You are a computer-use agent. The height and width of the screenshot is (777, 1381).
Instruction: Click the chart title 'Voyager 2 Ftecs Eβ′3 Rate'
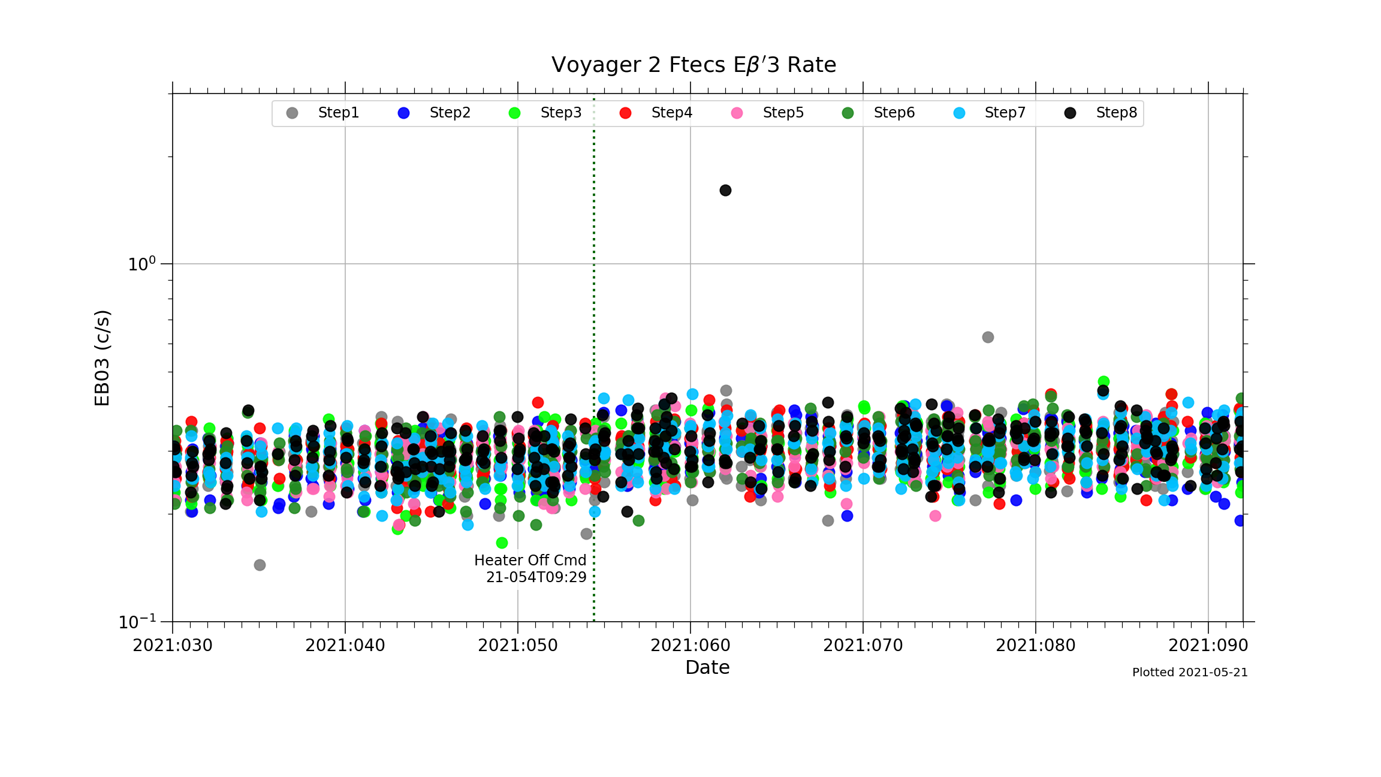(693, 65)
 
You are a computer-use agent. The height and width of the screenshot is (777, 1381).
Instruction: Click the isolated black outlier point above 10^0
(725, 191)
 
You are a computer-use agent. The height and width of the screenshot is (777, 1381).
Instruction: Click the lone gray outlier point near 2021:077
(988, 338)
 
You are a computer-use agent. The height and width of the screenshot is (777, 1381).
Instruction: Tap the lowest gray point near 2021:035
(260, 565)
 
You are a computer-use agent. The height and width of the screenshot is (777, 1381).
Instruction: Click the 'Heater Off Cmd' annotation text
(530, 561)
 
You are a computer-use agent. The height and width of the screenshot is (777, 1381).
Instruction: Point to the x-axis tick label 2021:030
(173, 646)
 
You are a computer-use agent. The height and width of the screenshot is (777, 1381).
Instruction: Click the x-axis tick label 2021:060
(690, 646)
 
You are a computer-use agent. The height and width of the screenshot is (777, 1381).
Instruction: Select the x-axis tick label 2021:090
(1208, 646)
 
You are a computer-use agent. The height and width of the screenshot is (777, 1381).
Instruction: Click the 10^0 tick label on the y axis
(141, 264)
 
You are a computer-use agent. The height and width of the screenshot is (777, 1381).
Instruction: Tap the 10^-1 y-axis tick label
(137, 622)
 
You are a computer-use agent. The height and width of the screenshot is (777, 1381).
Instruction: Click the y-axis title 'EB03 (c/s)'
(102, 358)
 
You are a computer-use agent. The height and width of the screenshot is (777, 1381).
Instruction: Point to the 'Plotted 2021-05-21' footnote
(1190, 673)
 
